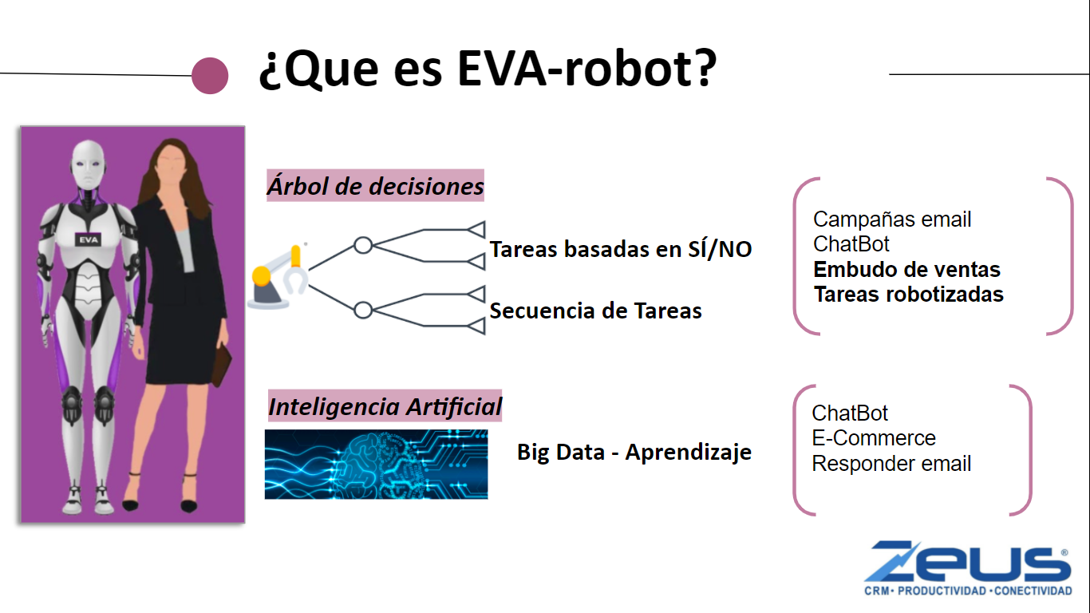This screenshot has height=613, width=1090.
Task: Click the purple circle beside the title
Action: [210, 76]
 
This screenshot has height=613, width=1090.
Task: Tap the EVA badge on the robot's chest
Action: [88, 239]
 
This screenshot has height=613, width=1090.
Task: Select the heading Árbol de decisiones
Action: [375, 185]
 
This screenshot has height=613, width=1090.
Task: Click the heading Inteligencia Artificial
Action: [385, 406]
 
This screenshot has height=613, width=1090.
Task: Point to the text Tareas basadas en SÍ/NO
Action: [621, 249]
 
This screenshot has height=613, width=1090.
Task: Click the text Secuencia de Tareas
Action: [595, 310]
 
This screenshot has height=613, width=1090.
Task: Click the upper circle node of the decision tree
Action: [363, 245]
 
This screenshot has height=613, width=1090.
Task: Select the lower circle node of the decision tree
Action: [363, 310]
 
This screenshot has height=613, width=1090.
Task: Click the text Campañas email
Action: [892, 219]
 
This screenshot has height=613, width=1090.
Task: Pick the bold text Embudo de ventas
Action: [906, 269]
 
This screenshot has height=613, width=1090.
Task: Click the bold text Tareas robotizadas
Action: [909, 294]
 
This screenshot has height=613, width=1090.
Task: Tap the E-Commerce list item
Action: [874, 438]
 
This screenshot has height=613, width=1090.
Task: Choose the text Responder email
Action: [891, 464]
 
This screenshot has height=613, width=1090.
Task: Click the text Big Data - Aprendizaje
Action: [634, 453]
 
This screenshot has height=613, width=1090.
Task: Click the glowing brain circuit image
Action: [376, 464]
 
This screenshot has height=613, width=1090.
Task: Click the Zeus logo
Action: [969, 568]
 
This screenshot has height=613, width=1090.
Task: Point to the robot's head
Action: [88, 164]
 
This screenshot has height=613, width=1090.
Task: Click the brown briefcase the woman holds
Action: [221, 365]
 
